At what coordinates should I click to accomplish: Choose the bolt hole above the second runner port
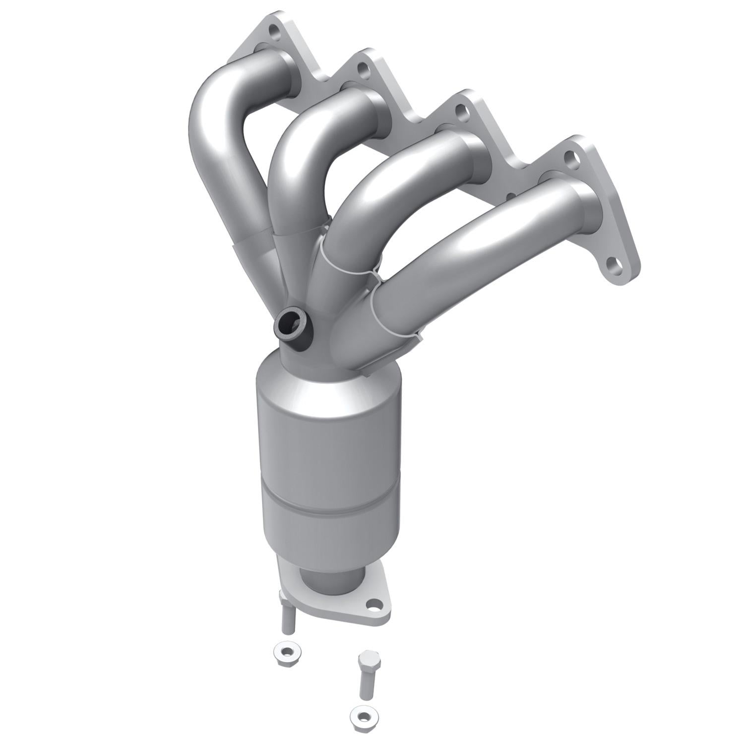click(x=365, y=70)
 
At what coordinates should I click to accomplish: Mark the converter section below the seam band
click(x=330, y=531)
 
